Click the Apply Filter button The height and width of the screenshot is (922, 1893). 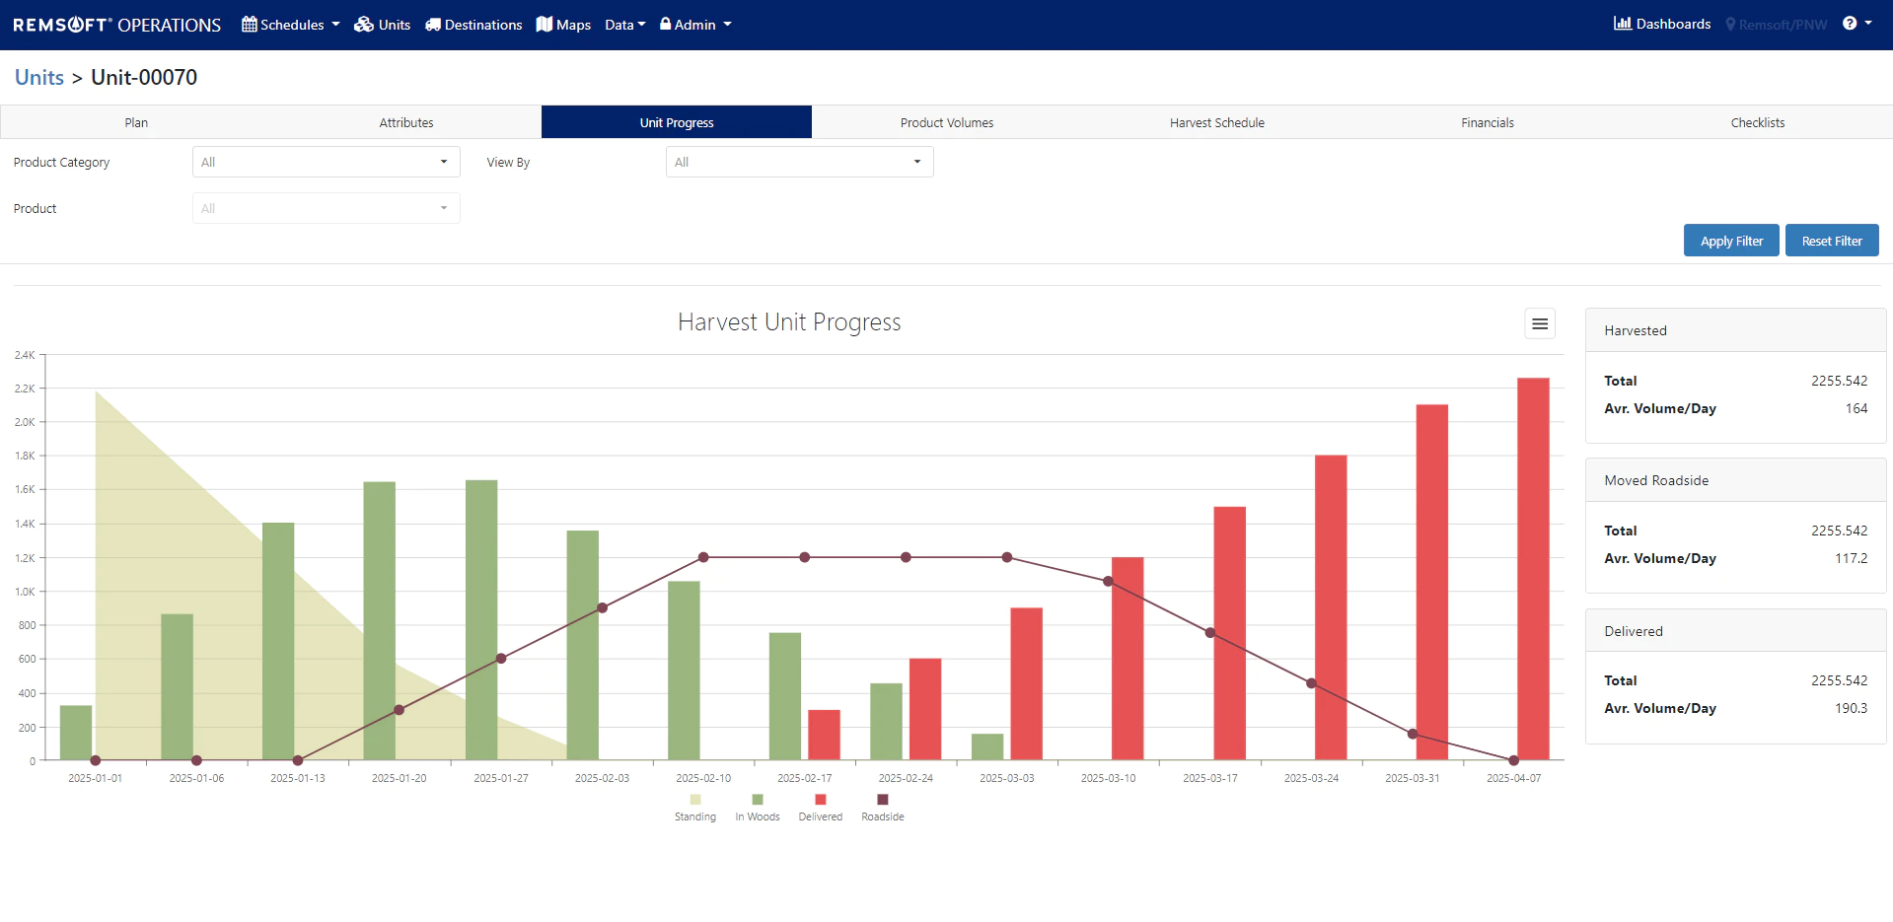tap(1731, 241)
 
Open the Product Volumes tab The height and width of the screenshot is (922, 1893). tap(947, 122)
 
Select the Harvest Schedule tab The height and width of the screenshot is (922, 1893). tap(1217, 122)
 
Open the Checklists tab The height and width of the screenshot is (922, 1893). tap(1758, 122)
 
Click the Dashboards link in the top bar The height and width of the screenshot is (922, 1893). tap(1662, 24)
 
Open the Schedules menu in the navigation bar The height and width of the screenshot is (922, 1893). tap(291, 25)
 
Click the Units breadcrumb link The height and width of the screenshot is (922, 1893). tap(39, 77)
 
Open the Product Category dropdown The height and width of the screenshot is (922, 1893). tap(326, 162)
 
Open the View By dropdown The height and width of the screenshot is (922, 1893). tap(799, 162)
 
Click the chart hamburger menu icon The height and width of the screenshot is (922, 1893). tap(1540, 323)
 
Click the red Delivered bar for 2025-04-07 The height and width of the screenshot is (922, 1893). tap(1533, 569)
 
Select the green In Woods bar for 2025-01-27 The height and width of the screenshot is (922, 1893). tap(481, 620)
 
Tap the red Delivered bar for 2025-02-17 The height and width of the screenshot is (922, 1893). tap(824, 735)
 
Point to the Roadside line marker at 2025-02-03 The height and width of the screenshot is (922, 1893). tap(602, 607)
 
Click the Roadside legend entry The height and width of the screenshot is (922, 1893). tap(883, 808)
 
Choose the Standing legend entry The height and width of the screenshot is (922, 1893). tap(695, 808)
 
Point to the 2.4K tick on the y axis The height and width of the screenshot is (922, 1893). tap(25, 355)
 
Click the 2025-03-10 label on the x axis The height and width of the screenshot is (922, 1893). tap(1108, 778)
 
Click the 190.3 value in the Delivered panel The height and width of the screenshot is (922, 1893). tap(1851, 708)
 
